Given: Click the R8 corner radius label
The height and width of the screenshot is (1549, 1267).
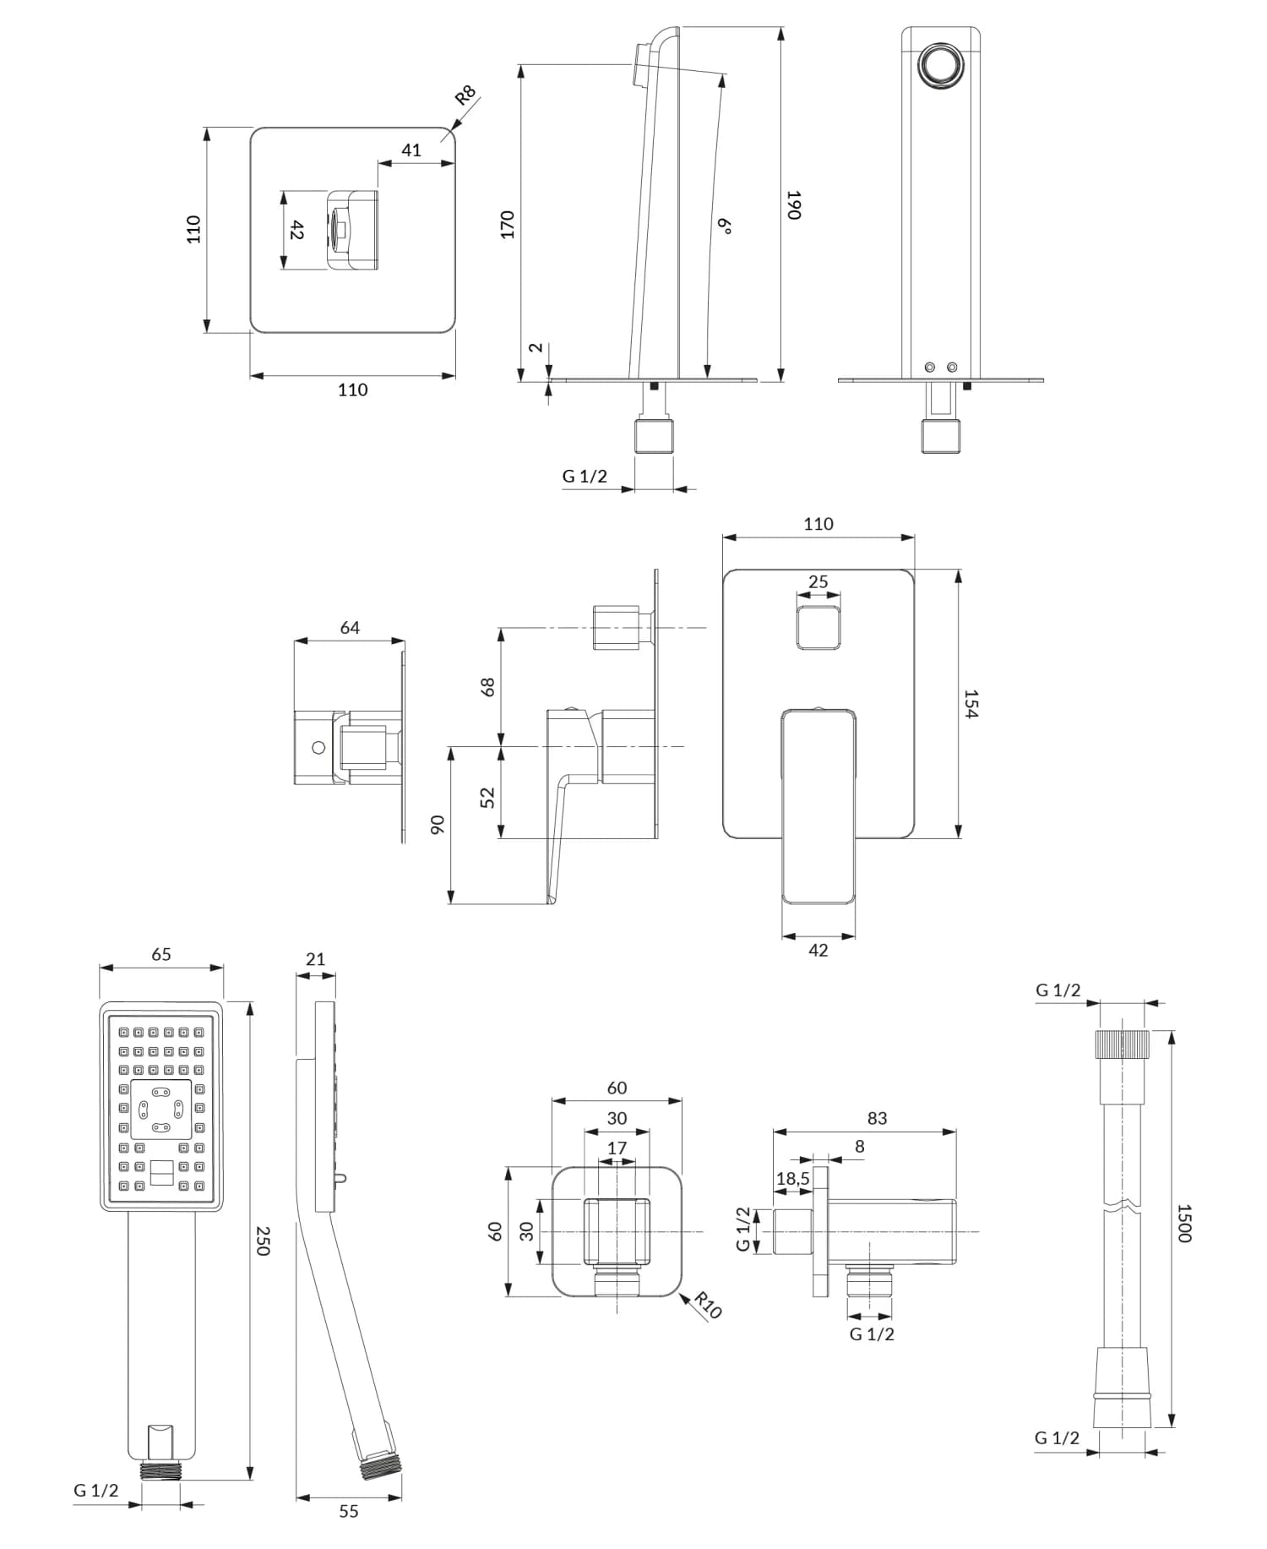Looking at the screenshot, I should click(465, 95).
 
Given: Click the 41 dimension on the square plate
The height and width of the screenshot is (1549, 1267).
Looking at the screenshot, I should click(411, 150).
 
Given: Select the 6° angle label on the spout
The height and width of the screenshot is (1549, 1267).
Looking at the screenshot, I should click(724, 226).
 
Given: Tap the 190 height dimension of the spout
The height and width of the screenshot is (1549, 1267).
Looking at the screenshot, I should click(793, 205).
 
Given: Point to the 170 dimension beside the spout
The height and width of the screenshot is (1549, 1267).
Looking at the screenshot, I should click(508, 225).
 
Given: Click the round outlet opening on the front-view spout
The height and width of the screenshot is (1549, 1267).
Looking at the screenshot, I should click(940, 65).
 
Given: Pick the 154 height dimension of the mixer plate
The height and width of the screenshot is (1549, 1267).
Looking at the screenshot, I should click(971, 704).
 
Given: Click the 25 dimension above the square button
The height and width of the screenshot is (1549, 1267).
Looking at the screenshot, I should click(818, 582).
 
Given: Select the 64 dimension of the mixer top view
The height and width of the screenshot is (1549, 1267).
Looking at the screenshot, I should click(350, 628).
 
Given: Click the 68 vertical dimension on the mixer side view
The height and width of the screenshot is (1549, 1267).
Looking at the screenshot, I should click(487, 687).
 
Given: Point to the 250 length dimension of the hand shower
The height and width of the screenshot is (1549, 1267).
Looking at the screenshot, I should click(263, 1241).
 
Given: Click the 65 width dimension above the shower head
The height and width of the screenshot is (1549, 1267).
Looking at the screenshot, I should click(161, 954).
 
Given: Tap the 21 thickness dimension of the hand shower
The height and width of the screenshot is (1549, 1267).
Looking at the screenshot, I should click(315, 959).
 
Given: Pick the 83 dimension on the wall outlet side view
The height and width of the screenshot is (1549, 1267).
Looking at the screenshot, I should click(877, 1118).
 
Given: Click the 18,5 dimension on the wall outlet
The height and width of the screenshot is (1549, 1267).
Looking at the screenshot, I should click(793, 1178).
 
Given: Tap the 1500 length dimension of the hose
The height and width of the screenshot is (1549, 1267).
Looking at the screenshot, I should click(1184, 1224).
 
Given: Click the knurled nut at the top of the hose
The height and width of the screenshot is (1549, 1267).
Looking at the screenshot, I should click(1123, 1044).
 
